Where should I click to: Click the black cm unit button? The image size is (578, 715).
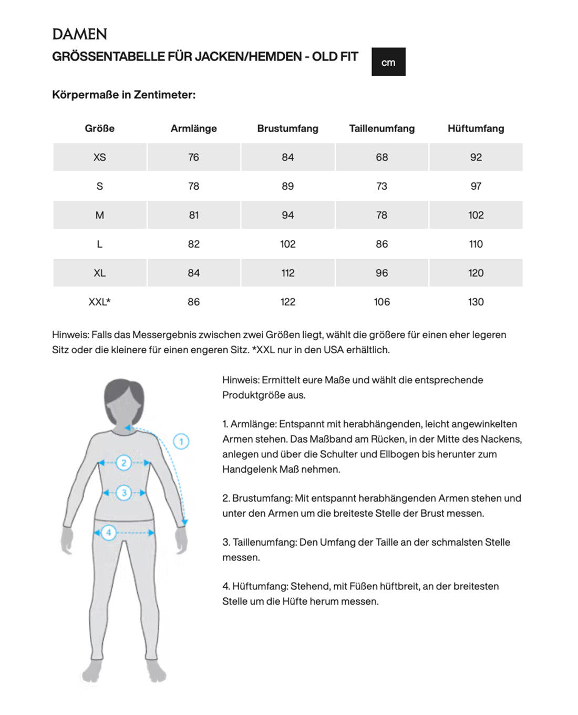pos(388,62)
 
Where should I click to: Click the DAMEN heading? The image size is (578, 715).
pos(80,35)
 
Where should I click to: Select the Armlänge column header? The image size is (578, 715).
pos(193,128)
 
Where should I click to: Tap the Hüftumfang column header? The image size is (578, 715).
pos(476,128)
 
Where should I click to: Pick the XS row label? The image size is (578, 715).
pos(99,157)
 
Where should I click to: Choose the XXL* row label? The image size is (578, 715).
pos(99,302)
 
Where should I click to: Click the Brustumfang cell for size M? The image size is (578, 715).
pos(287,215)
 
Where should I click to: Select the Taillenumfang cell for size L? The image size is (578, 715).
pos(381,244)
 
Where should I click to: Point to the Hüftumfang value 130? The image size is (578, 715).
pos(476,302)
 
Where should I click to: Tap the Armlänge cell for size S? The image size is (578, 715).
pos(193,186)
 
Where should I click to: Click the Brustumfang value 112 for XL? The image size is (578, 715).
pos(287,273)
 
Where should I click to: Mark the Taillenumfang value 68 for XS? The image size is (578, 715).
pos(381,157)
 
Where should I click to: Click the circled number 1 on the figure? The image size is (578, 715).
pos(181,442)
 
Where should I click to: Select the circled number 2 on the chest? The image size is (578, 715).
pos(123,463)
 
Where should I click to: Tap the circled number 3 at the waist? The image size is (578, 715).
pos(124,493)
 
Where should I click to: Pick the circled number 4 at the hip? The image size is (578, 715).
pos(109,533)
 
